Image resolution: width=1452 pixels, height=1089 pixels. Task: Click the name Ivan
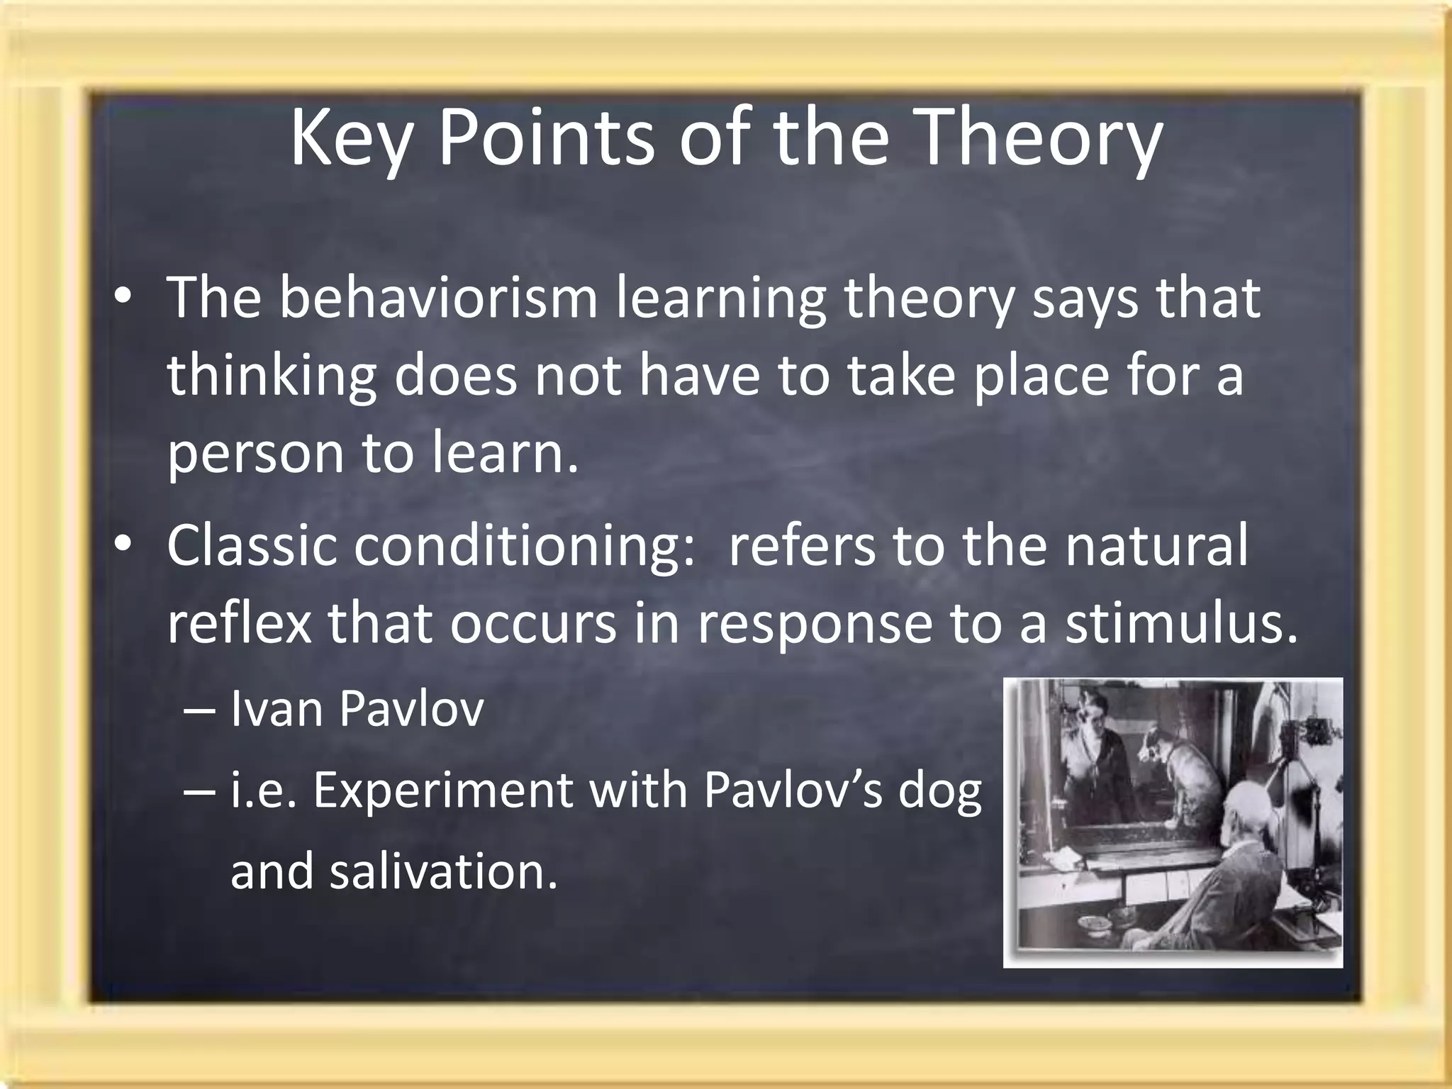[276, 709]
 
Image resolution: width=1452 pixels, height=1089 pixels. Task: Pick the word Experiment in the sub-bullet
[443, 791]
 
